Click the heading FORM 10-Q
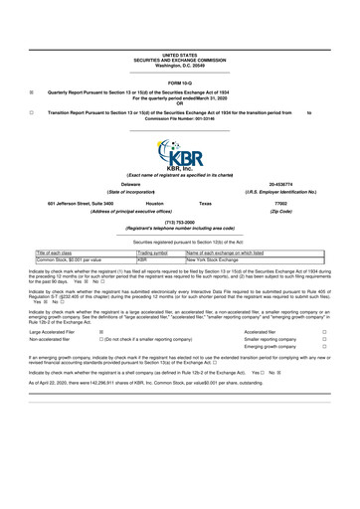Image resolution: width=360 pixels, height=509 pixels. [180, 82]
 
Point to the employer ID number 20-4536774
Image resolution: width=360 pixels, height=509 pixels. [279, 184]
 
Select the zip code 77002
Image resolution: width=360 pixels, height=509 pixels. [279, 203]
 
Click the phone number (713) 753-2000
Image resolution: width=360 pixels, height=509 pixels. [179, 224]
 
